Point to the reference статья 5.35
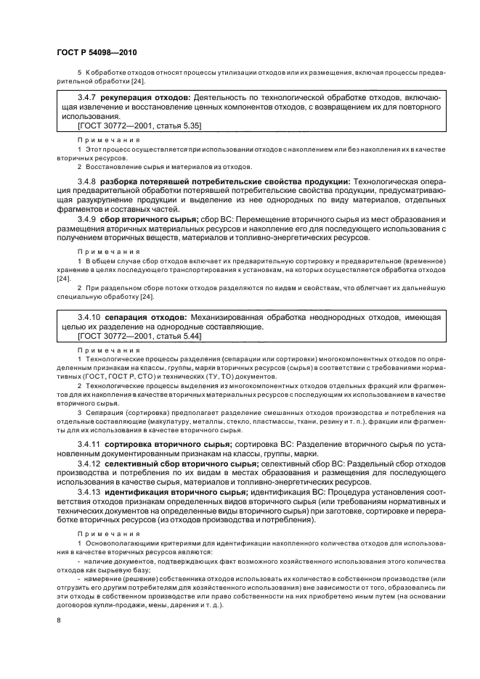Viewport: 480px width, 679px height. pyautogui.click(x=177, y=125)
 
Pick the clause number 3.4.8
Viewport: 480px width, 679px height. pyautogui.click(x=88, y=180)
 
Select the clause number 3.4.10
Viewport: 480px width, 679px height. pyautogui.click(x=90, y=318)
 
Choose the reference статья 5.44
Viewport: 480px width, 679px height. pyautogui.click(x=177, y=337)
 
